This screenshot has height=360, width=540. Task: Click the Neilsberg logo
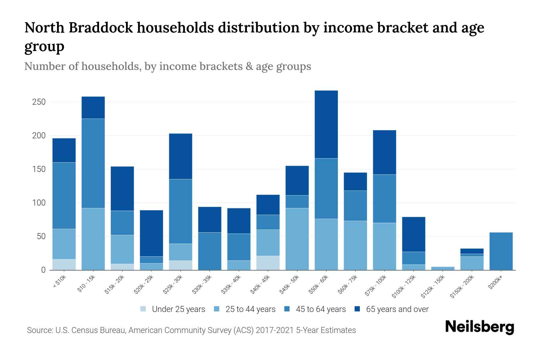(479, 327)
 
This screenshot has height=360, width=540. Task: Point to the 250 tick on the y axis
(39, 102)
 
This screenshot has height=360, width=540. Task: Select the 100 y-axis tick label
(39, 203)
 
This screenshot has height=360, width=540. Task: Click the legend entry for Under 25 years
(178, 309)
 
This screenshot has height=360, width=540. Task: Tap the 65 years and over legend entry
(397, 309)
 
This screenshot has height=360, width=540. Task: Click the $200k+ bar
(501, 251)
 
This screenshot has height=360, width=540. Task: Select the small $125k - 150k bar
(442, 268)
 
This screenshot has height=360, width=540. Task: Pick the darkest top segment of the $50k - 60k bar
(326, 124)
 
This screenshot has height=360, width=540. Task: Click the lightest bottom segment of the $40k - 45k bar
(268, 263)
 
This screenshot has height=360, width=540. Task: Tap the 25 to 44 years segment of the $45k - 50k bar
(297, 239)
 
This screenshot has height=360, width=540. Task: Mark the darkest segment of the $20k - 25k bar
(151, 233)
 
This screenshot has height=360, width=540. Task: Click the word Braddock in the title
(100, 28)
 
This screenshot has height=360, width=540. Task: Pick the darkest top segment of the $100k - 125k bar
(413, 234)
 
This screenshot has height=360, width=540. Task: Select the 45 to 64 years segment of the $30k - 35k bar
(210, 251)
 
